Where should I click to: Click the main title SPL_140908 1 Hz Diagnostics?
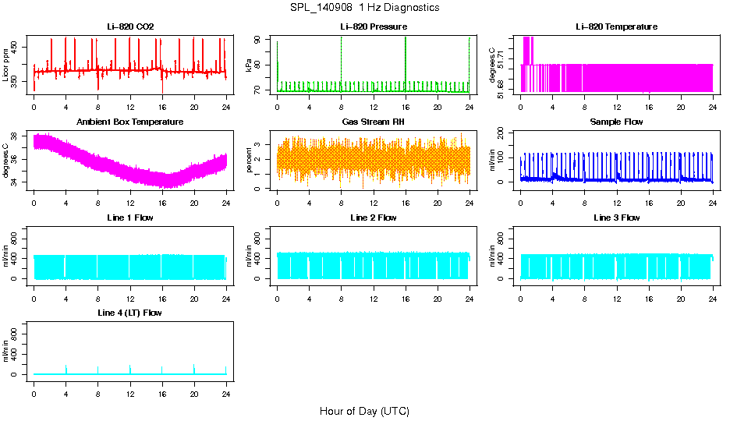(x=364, y=8)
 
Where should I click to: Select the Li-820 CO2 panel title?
(x=130, y=27)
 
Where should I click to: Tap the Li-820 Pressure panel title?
(x=373, y=27)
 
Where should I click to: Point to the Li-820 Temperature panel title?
(x=616, y=27)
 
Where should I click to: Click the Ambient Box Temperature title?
(x=130, y=122)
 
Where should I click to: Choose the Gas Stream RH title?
(x=373, y=122)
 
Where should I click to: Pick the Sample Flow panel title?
(x=616, y=122)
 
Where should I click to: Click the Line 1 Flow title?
(x=130, y=218)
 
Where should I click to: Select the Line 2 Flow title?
(x=373, y=218)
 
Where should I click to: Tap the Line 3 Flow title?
(x=616, y=218)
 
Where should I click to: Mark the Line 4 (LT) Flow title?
(x=130, y=313)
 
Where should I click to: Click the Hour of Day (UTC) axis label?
(x=364, y=411)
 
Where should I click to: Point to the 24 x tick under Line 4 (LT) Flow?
(x=226, y=386)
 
